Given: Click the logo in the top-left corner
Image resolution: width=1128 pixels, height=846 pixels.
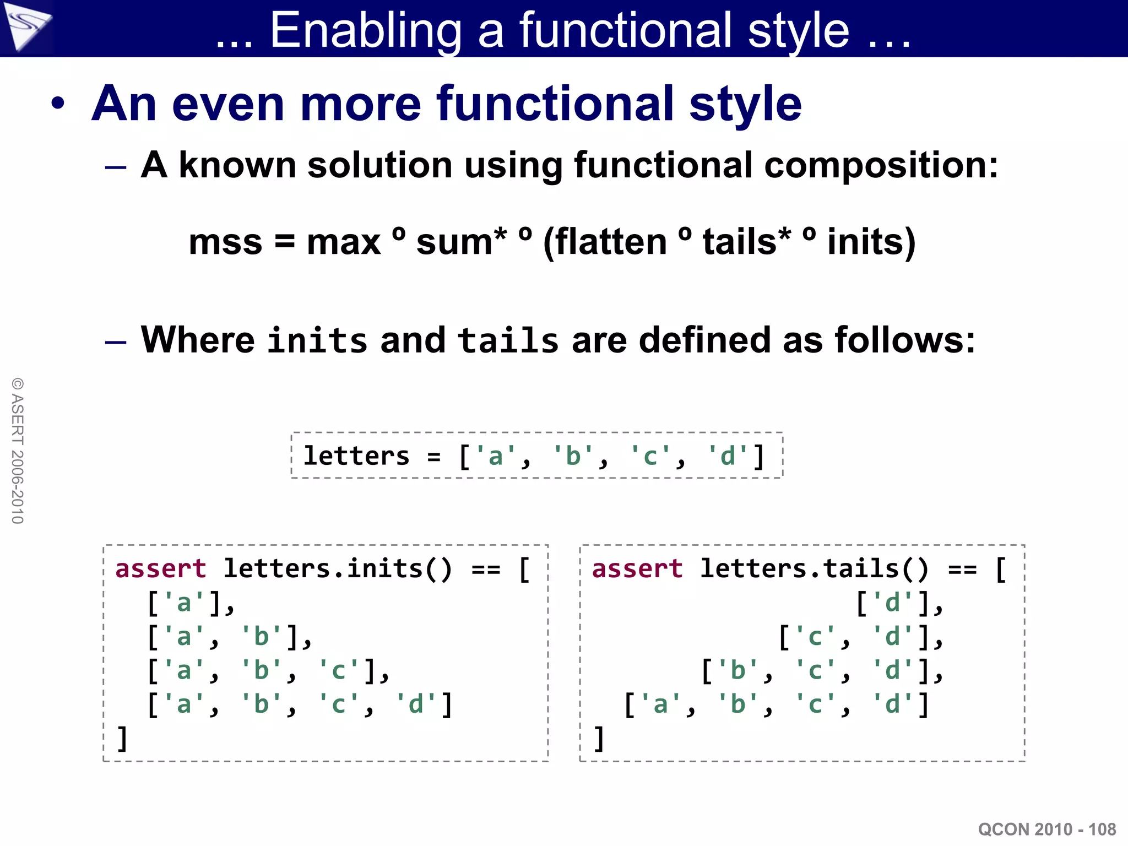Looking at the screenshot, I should [x=26, y=26].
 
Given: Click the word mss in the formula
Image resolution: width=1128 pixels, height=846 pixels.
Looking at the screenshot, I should [x=225, y=242].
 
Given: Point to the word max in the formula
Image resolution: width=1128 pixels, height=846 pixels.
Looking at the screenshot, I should [x=343, y=242].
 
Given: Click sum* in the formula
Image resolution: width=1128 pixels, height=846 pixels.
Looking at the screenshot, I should [x=460, y=242].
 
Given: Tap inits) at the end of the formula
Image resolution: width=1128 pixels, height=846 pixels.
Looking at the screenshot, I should [x=871, y=242].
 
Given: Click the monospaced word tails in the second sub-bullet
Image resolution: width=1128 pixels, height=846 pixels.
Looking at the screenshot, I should [x=508, y=340].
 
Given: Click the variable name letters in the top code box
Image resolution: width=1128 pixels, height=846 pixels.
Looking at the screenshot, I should [x=356, y=456].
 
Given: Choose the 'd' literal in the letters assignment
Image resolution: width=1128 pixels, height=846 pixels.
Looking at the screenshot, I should [x=728, y=457].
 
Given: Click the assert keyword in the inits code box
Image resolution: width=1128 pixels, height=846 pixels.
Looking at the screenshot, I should [x=160, y=568].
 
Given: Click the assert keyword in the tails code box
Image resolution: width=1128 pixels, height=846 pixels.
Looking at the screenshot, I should [x=637, y=568].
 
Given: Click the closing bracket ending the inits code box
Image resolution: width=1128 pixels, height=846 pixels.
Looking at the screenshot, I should [x=122, y=739].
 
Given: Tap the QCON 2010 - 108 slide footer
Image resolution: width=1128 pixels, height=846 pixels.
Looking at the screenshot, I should [x=1046, y=829].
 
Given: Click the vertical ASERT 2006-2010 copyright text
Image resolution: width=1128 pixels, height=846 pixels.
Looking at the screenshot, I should [x=18, y=451].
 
